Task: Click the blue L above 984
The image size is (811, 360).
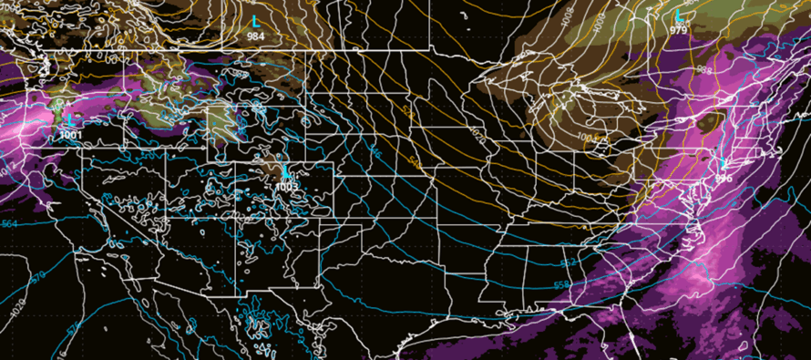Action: (256, 20)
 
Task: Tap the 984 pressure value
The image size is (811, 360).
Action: (256, 36)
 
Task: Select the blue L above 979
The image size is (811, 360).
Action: (678, 15)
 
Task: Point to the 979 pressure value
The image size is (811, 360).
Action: (678, 30)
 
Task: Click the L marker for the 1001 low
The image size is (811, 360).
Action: (70, 119)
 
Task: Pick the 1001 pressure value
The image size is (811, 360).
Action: (70, 135)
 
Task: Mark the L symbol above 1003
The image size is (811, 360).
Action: (286, 171)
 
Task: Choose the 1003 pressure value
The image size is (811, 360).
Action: (286, 186)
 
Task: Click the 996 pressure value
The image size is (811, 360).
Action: (724, 179)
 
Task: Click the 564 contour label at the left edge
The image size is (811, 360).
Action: (8, 222)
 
